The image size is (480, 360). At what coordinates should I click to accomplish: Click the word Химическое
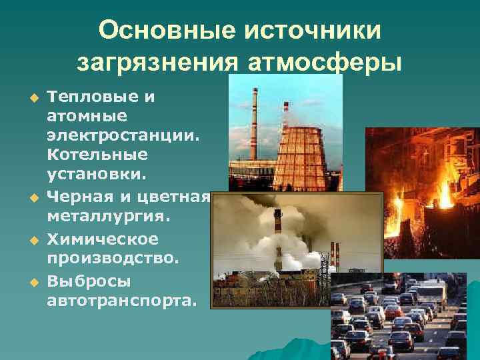(93, 238)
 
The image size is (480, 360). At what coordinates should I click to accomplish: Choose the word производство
(111, 257)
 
